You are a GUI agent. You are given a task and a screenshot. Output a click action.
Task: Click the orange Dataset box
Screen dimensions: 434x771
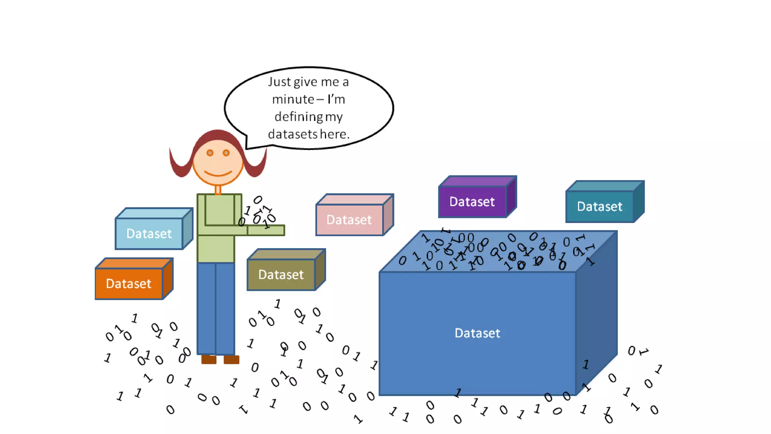pos(129,283)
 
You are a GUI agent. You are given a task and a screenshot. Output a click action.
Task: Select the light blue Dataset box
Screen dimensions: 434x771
pos(149,234)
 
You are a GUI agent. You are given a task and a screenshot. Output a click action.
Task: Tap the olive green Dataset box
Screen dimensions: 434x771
pos(281,275)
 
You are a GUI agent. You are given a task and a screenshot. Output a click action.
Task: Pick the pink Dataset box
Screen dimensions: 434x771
pos(349,220)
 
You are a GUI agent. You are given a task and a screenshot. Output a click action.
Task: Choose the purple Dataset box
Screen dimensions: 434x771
pos(472,202)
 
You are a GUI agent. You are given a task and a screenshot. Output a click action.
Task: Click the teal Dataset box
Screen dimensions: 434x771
pos(600,206)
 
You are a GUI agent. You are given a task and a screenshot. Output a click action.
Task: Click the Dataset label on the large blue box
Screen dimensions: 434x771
pos(477,333)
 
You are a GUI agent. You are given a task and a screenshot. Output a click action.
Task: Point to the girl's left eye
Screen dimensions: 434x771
pos(210,153)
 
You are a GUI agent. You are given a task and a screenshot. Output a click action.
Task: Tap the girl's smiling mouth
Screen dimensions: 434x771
pos(218,174)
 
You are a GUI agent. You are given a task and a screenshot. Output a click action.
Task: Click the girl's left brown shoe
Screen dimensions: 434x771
pos(209,359)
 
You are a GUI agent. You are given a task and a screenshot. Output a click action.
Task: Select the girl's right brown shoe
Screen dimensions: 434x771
pos(232,359)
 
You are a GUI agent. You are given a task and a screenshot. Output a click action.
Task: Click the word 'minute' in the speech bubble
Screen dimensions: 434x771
pos(293,99)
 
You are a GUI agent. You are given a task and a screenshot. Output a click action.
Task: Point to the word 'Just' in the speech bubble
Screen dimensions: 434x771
pos(279,82)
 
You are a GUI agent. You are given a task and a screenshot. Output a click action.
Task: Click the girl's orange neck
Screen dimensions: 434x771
pos(218,189)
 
